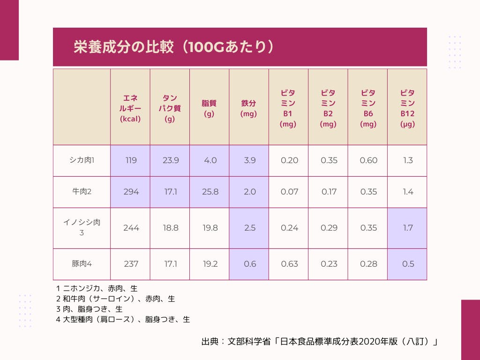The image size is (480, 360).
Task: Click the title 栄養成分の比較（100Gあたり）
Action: pos(174,47)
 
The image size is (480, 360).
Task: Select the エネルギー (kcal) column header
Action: pos(130,108)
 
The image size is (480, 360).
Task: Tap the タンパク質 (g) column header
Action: pos(170,108)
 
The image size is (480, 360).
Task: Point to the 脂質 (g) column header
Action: pos(209,108)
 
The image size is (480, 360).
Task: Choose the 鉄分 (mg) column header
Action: pos(248,108)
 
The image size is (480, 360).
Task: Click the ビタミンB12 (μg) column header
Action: pos(407,108)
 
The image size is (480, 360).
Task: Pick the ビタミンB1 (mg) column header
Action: pos(288,108)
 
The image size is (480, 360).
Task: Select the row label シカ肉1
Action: pos(82,160)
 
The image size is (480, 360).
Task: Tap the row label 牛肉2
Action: pos(82,192)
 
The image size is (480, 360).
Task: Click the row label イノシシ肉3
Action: pos(82,227)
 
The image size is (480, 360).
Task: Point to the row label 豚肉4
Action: pos(82,264)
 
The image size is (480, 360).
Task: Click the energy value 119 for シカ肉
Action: pos(131,160)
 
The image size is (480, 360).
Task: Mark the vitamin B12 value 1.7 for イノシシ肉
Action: pos(408,228)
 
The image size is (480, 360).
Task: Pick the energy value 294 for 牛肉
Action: pos(131,192)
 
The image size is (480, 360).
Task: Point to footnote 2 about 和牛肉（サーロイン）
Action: pos(115,299)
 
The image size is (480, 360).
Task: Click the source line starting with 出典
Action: pos(319,342)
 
